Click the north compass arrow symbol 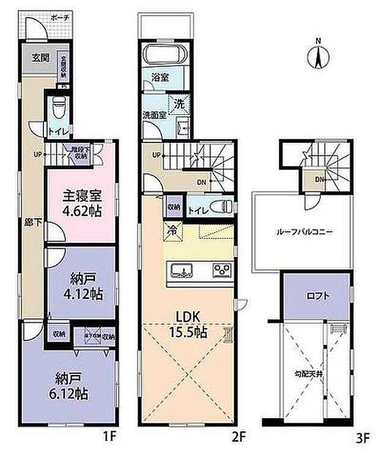point(317,56)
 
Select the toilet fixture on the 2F point(223,206)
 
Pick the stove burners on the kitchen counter point(221,270)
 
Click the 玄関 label point(40,58)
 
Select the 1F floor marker point(108,439)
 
